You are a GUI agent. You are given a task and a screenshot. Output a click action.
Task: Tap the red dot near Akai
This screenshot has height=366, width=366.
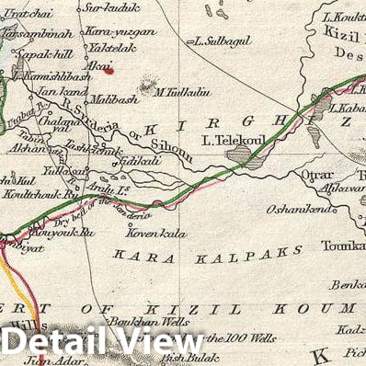(x=109, y=68)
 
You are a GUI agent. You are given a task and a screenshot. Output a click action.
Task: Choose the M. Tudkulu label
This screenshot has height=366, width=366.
(x=182, y=91)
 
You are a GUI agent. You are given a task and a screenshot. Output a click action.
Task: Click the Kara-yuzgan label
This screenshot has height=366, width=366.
(x=120, y=30)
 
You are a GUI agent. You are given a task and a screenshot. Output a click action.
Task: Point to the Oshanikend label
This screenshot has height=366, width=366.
(x=299, y=210)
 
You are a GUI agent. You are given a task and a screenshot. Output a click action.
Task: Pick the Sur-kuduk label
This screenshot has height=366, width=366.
(x=107, y=9)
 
